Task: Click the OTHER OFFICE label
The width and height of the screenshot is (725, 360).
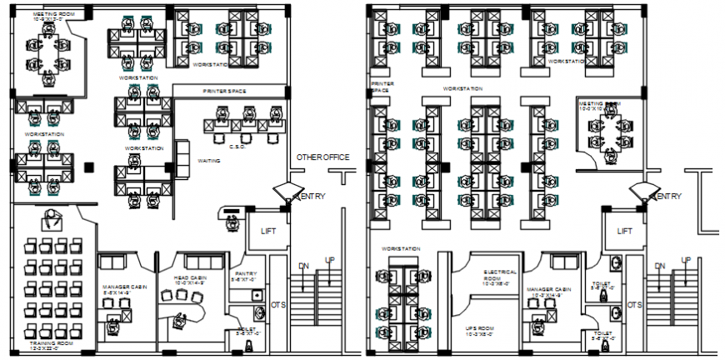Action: click(x=322, y=157)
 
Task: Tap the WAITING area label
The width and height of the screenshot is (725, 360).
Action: click(x=209, y=161)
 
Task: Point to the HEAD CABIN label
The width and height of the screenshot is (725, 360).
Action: click(x=190, y=279)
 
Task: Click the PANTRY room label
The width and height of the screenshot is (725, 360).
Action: click(x=246, y=273)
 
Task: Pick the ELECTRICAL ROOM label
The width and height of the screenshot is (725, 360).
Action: click(x=501, y=276)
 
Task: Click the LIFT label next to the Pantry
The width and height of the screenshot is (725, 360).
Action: click(x=268, y=231)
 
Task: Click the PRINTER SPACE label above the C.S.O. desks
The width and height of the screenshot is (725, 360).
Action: click(x=229, y=91)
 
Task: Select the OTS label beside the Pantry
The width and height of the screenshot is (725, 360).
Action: click(x=278, y=305)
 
